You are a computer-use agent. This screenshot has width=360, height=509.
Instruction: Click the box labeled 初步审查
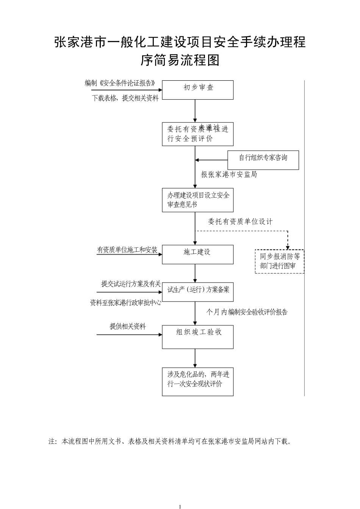[x=198, y=90]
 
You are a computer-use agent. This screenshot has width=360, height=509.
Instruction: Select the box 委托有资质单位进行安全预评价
[x=198, y=134]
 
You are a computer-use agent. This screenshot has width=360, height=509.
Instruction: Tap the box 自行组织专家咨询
[x=263, y=160]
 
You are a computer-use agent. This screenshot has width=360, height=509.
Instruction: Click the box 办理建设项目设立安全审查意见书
[x=198, y=200]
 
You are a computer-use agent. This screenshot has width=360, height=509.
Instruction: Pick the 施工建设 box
[x=198, y=254]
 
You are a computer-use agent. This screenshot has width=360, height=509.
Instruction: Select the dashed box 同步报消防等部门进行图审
[x=280, y=262]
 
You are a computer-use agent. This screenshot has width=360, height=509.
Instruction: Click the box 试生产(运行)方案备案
[x=198, y=292]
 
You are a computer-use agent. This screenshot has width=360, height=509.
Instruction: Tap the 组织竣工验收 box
[x=198, y=337]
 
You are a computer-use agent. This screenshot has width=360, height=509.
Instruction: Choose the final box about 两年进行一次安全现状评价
[x=198, y=382]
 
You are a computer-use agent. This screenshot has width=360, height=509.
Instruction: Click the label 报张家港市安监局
[x=229, y=175]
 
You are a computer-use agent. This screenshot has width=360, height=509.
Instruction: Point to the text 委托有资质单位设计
[x=240, y=222]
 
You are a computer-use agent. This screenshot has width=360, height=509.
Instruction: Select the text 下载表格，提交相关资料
[x=125, y=98]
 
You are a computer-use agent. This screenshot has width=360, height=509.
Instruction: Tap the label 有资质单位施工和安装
[x=127, y=250]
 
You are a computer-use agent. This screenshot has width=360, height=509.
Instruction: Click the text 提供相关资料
[x=128, y=326]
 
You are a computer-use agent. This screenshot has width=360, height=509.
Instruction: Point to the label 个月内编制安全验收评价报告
[x=247, y=312]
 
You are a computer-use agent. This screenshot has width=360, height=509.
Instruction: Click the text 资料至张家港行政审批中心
[x=125, y=303]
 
